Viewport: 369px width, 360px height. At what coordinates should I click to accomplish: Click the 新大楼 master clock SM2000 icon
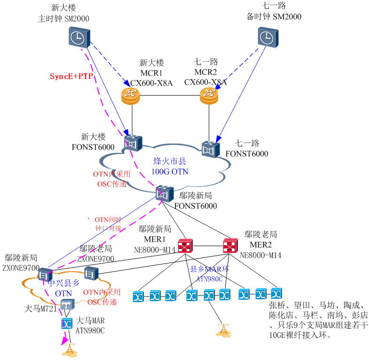77,37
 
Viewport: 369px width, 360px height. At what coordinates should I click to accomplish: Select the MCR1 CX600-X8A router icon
131,96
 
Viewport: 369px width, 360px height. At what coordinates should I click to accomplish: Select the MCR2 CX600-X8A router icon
209,96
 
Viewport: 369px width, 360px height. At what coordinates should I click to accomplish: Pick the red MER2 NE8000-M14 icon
230,246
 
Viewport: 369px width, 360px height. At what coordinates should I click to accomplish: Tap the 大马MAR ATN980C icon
66,324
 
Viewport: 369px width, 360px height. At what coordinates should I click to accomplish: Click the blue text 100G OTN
170,171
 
